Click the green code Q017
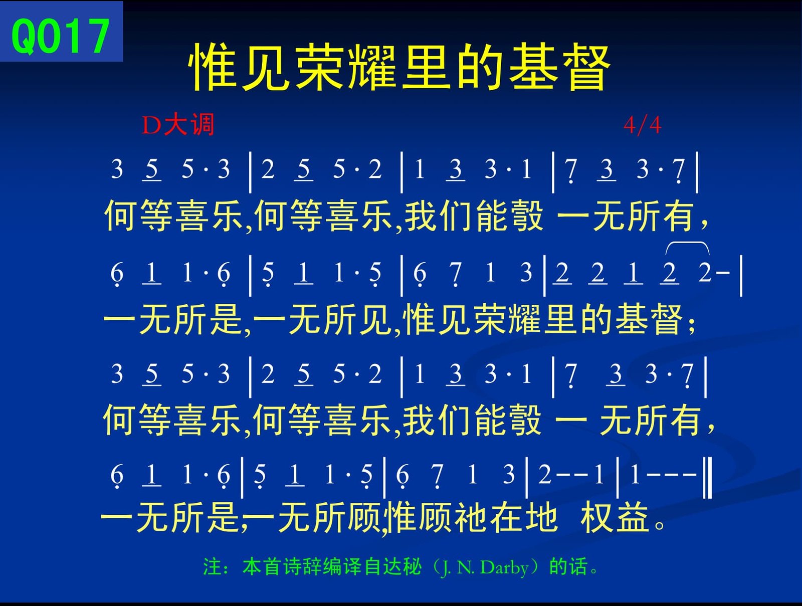(61, 36)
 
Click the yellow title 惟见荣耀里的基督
(399, 66)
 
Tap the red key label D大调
(178, 125)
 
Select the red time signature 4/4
(643, 125)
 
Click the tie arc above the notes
(687, 243)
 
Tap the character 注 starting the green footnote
(213, 567)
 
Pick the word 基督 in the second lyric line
(649, 319)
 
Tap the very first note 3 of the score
(117, 169)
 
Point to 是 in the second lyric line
(226, 319)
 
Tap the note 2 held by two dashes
(544, 475)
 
